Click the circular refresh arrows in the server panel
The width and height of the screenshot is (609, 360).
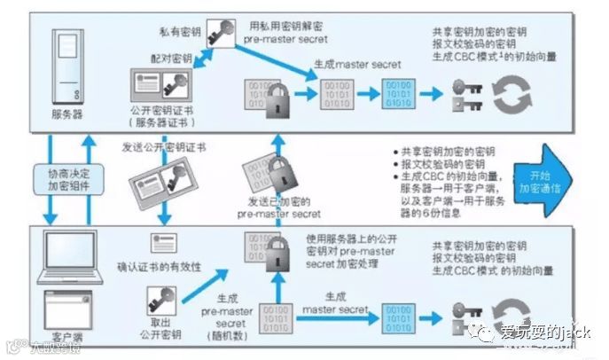coord(511,96)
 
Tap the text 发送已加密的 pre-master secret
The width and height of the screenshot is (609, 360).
coord(283,209)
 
